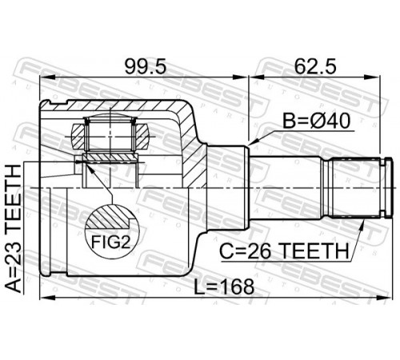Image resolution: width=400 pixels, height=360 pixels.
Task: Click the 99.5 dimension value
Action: pos(146,66)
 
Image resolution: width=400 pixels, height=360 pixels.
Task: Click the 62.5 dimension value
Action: pos(315,66)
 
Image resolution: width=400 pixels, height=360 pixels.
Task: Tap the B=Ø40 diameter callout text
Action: pos(316,122)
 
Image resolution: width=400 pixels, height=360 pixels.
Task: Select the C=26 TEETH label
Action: pos(284,251)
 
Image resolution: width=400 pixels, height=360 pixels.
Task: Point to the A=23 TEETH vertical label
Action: pos(13,228)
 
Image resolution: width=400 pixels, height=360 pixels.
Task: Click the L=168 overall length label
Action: pos(224,287)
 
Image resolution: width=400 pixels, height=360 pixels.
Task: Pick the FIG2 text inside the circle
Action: pos(111,242)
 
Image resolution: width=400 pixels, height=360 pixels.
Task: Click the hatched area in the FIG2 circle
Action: pos(110,217)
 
